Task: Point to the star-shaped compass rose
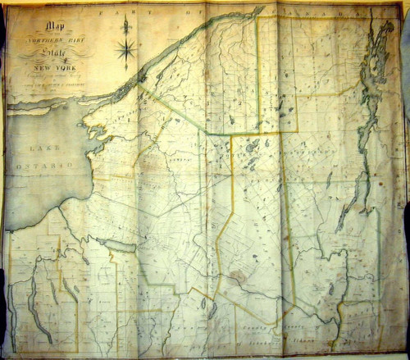pos(126,52)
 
